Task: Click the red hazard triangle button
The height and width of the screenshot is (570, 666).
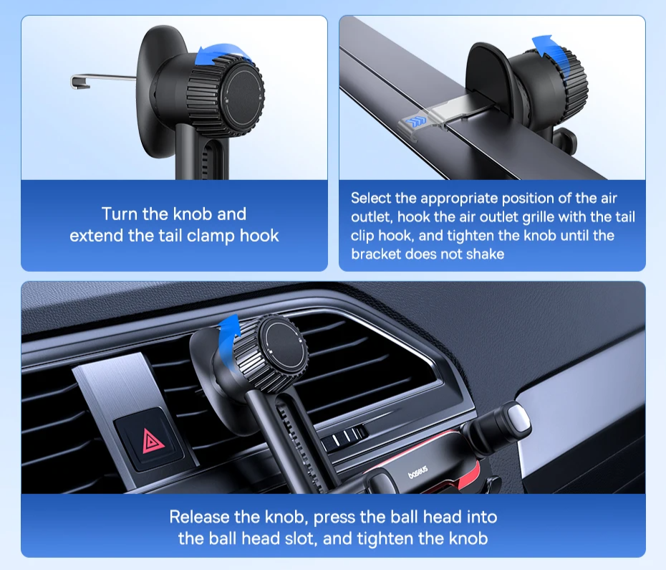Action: pos(149,441)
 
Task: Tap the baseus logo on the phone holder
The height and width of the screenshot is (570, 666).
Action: pos(418,472)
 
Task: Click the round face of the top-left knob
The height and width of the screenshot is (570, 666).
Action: pos(243,97)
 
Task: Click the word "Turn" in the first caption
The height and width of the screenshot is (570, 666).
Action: pos(120,214)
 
